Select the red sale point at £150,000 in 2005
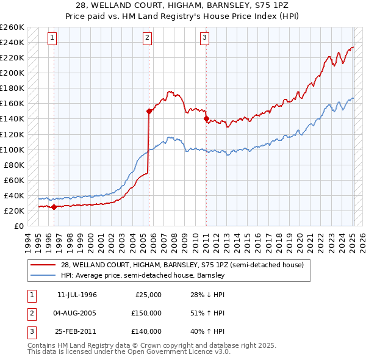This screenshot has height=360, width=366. pyautogui.click(x=149, y=111)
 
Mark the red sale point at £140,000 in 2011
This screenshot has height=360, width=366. pyautogui.click(x=206, y=118)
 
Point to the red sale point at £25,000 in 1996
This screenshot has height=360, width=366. pyautogui.click(x=54, y=207)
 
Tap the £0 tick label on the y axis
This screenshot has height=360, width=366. pyautogui.click(x=18, y=226)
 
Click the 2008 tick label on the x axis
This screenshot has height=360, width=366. pyautogui.click(x=176, y=240)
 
